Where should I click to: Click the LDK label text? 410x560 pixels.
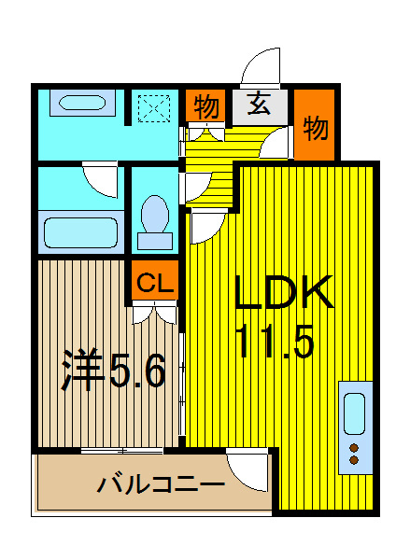click(x=284, y=292)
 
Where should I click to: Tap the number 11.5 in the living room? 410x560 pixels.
click(x=276, y=341)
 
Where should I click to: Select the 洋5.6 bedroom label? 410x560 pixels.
click(x=114, y=370)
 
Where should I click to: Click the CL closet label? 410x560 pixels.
click(x=154, y=282)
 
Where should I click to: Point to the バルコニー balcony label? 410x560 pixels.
click(x=162, y=484)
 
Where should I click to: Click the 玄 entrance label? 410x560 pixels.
click(x=259, y=104)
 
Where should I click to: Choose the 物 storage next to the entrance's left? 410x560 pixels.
click(x=206, y=106)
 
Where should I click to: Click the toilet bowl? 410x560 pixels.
click(x=155, y=214)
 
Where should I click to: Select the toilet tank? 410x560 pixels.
click(x=155, y=241)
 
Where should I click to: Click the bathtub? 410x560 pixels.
click(x=80, y=232)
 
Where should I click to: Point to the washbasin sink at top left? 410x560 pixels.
click(x=82, y=103)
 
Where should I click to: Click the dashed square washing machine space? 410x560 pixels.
click(x=154, y=108)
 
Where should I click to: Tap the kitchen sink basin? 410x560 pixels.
click(x=354, y=413)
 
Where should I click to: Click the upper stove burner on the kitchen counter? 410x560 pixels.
click(x=354, y=448)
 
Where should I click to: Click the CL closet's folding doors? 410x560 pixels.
click(x=155, y=313)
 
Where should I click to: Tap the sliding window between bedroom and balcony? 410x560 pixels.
click(x=122, y=451)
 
